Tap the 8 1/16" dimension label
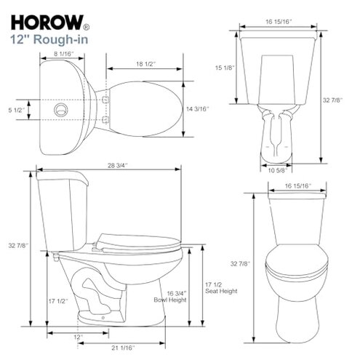click(x=62, y=55)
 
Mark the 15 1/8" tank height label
click(x=224, y=68)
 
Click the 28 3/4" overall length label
click(x=107, y=167)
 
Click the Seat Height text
click(x=220, y=291)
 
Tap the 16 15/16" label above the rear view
click(x=279, y=23)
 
